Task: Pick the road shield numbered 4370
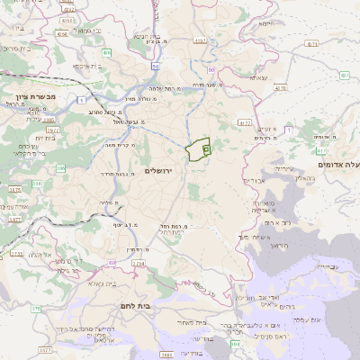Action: click(310, 41)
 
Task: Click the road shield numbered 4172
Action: click(245, 121)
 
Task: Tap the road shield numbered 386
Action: click(60, 167)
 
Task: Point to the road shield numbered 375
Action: click(36, 308)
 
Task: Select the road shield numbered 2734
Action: click(138, 263)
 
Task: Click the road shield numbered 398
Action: click(236, 343)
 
